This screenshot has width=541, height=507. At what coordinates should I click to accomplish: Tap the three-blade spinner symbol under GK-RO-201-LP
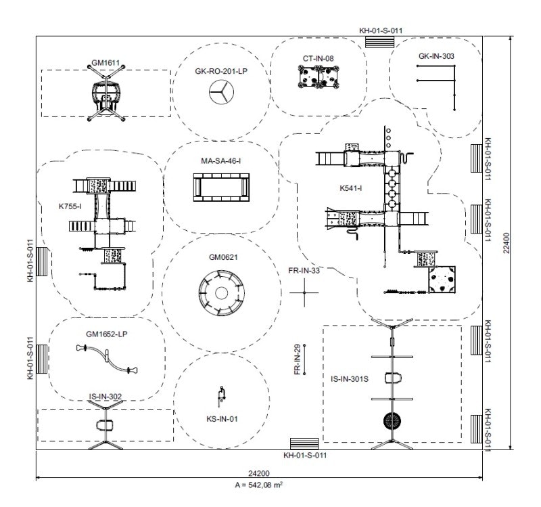pyautogui.click(x=220, y=93)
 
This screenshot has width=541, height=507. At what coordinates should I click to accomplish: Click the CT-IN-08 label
pyautogui.click(x=318, y=59)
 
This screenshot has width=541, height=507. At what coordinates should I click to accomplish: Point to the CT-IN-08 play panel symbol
pyautogui.click(x=319, y=78)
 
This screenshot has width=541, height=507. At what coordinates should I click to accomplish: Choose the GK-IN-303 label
pyautogui.click(x=436, y=56)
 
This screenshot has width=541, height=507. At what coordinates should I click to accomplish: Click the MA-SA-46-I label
pyautogui.click(x=221, y=161)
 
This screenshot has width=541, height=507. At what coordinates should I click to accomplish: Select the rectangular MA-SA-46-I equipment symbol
pyautogui.click(x=221, y=186)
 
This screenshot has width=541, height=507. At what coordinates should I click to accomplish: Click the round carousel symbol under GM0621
pyautogui.click(x=220, y=293)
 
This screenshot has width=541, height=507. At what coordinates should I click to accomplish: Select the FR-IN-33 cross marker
pyautogui.click(x=304, y=292)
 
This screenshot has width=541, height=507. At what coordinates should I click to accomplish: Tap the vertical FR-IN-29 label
pyautogui.click(x=297, y=359)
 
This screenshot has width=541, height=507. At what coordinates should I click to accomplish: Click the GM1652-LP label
pyautogui.click(x=108, y=334)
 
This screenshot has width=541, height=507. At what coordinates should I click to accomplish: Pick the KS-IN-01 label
pyautogui.click(x=222, y=419)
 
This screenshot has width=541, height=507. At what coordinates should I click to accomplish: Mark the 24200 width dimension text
pyautogui.click(x=259, y=472)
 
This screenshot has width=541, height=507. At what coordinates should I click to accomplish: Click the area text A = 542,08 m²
pyautogui.click(x=259, y=485)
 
